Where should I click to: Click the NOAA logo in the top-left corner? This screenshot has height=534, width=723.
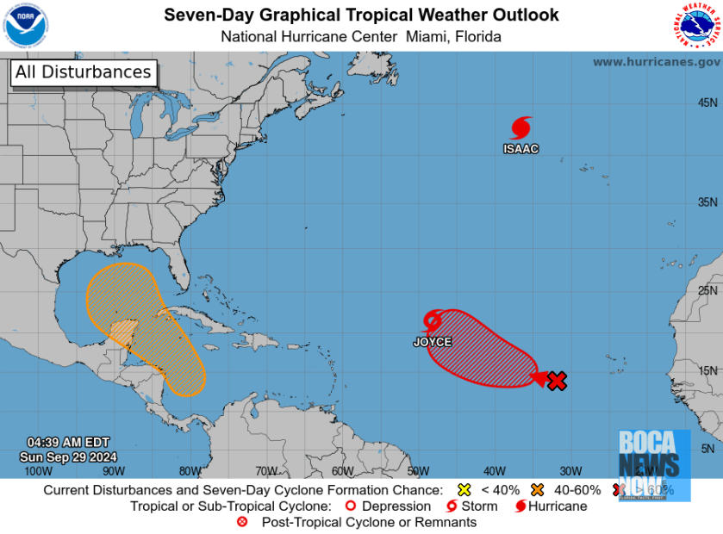[x=27, y=25]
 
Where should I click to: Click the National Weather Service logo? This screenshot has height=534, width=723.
[x=695, y=26]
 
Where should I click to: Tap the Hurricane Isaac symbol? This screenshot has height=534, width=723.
[x=520, y=128]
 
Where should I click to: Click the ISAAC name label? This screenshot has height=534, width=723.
[x=520, y=149]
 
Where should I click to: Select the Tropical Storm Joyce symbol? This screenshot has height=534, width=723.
[x=433, y=322]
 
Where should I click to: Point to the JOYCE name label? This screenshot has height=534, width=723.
[x=432, y=342]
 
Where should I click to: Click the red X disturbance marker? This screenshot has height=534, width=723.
[x=558, y=381]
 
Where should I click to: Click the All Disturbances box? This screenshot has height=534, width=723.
[x=83, y=72]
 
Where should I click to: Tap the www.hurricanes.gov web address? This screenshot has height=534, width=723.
[x=657, y=62]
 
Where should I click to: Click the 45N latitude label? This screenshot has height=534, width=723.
[x=708, y=102]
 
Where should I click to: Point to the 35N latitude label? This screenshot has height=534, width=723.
[x=708, y=202]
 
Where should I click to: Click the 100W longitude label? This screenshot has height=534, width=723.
[x=37, y=471]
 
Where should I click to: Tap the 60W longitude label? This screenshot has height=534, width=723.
[x=341, y=471]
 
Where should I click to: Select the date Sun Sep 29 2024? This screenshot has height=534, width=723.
[x=68, y=456]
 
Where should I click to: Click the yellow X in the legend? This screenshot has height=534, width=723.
[x=464, y=490]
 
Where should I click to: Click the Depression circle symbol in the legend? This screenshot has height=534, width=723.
[x=351, y=506]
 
